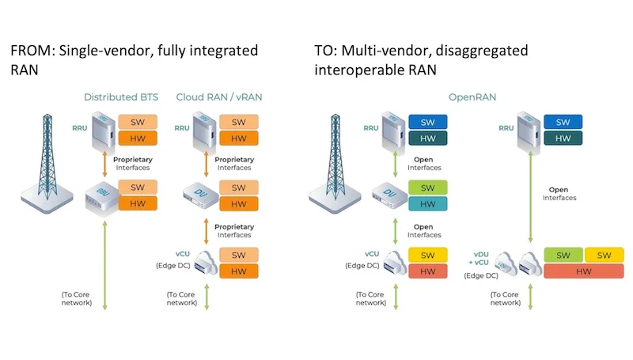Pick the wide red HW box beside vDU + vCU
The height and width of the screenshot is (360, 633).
click(584, 271)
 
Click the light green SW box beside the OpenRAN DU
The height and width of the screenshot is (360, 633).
click(428, 188)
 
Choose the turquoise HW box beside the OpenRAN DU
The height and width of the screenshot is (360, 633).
click(428, 203)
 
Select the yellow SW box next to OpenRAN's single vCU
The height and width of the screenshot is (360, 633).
click(428, 255)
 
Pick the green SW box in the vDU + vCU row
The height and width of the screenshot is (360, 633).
click(563, 255)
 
